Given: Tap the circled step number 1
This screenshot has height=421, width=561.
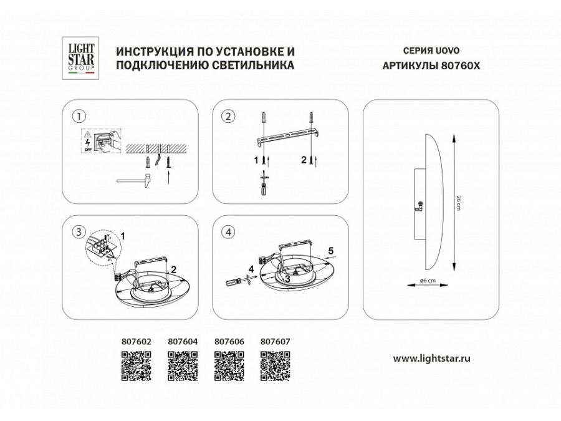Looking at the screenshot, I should [x=78, y=117].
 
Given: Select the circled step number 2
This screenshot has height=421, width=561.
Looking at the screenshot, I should [x=229, y=117].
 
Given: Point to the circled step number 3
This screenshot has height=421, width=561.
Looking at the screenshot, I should [x=78, y=232].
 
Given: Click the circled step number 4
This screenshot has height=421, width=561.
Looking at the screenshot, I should [x=229, y=232].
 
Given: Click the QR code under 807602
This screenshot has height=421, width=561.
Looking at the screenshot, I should [x=136, y=366].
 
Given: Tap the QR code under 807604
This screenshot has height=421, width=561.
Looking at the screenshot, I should [x=183, y=366].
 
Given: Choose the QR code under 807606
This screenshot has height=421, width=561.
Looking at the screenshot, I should [x=229, y=366].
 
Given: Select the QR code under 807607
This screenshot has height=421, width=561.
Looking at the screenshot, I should [x=275, y=366].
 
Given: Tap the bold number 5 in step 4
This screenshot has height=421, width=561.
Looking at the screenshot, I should [x=332, y=251].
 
